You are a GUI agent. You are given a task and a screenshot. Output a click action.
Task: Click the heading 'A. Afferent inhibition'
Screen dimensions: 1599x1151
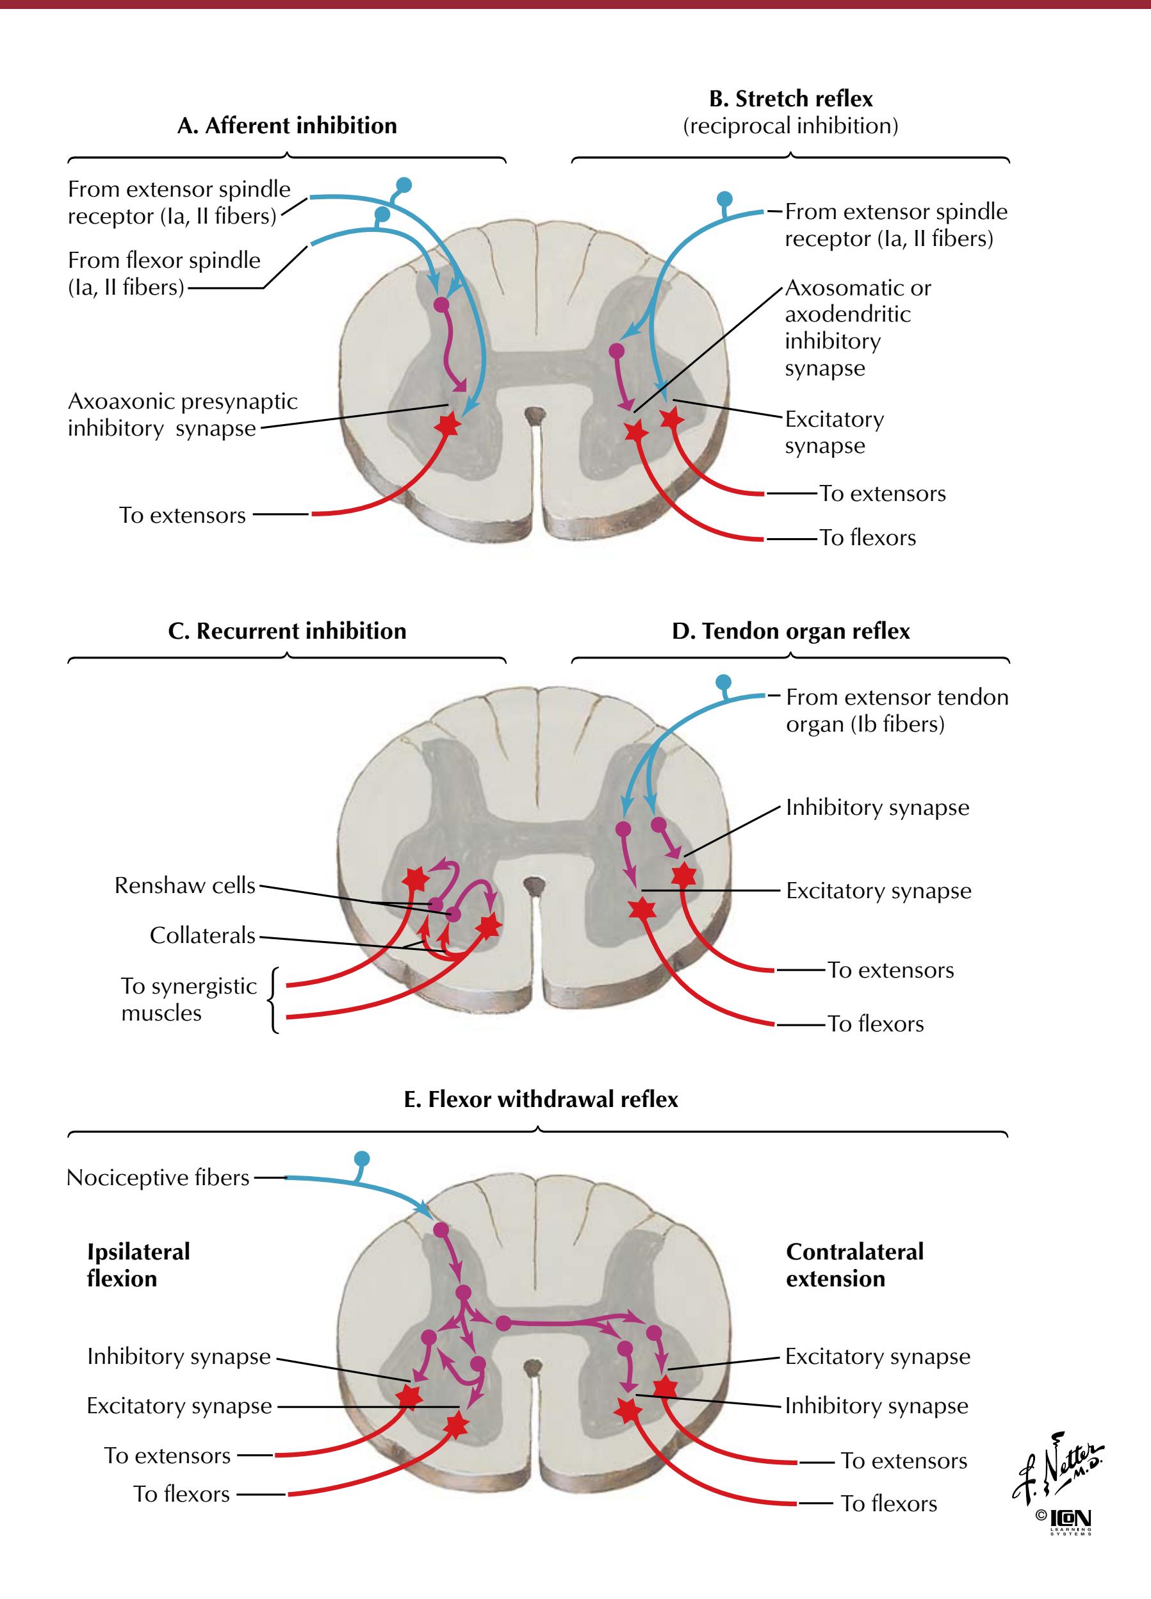pos(287,126)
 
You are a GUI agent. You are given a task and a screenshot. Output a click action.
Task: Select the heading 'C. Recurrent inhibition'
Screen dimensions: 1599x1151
pos(287,630)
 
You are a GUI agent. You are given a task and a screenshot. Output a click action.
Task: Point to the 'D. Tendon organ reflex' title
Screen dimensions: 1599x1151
pos(791,630)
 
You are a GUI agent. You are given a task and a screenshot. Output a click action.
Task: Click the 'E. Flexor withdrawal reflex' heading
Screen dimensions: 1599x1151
pos(541,1099)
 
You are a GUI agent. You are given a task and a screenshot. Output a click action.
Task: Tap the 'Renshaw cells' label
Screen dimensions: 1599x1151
pos(184,885)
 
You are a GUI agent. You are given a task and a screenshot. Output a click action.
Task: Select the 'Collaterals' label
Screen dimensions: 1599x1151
pos(202,935)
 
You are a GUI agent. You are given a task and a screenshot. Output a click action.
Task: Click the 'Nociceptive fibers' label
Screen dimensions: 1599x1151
pos(158,1177)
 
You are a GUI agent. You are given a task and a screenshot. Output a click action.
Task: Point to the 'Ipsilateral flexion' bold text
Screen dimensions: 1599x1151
pos(138,1265)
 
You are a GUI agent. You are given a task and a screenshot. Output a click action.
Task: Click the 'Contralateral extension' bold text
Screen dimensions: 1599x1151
pos(854,1265)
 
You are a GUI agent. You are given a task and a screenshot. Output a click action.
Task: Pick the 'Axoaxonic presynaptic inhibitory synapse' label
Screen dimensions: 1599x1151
pos(183,414)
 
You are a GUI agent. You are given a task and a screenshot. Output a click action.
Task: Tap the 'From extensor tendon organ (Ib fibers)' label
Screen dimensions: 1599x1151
pos(897,710)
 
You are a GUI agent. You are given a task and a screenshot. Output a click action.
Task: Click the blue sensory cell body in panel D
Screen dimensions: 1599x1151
pos(723,682)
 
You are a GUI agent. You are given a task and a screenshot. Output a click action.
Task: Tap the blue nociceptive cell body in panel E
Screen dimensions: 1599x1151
pos(363,1158)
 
